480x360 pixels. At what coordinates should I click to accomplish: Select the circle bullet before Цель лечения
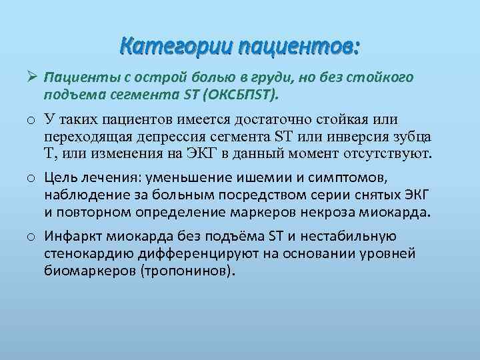coord(31,179)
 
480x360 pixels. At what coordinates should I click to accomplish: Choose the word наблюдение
coord(81,195)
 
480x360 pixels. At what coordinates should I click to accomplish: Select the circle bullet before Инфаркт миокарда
coord(31,237)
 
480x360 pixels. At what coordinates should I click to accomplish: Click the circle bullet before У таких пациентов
coord(31,121)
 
